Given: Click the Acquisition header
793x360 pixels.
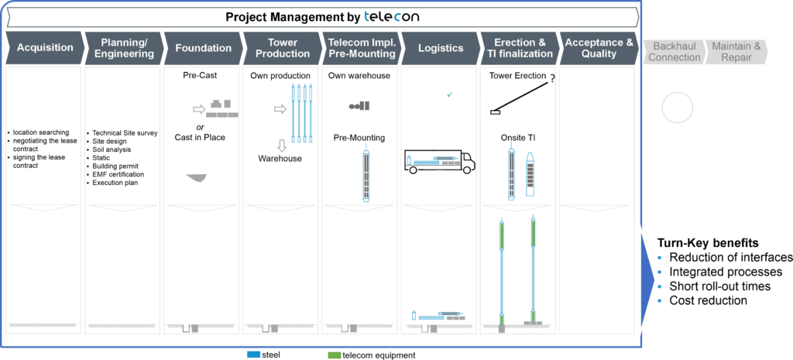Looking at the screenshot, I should [44, 48].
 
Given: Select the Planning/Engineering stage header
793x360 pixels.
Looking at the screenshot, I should [123, 48].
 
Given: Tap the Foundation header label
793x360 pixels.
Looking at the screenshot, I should [202, 48].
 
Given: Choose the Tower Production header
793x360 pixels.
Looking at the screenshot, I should [282, 48].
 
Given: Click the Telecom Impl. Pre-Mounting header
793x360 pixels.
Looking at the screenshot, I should [361, 48].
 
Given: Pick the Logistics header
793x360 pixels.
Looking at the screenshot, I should [440, 48].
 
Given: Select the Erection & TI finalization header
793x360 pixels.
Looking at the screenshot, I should [519, 48].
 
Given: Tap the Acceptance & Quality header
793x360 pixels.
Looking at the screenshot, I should [599, 48].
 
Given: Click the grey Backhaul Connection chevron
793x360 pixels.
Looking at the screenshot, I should [673, 52].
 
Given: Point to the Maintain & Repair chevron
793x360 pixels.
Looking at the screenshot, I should [736, 52].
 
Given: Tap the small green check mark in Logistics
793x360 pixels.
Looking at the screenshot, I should [450, 94].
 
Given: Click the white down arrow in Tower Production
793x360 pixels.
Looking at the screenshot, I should [282, 145].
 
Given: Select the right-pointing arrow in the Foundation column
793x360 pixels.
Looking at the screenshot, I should [199, 109].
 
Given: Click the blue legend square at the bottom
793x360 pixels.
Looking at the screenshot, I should [253, 355].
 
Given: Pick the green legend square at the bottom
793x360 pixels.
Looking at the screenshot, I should [335, 355].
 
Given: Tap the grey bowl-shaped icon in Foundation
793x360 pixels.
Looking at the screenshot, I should [197, 178].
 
